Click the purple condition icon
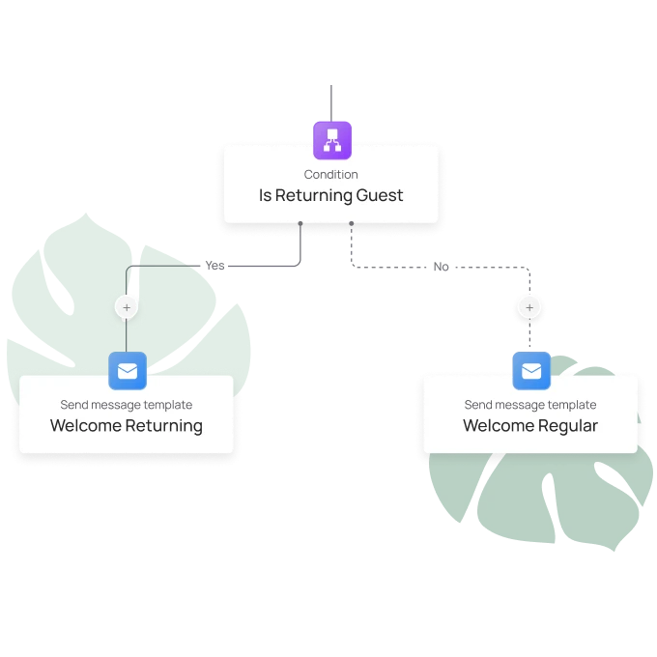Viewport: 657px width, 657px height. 331,139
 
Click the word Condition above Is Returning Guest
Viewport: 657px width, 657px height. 331,175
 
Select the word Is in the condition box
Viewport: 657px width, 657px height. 265,195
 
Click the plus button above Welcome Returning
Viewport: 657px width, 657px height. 127,307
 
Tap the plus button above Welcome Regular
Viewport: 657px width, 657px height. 528,307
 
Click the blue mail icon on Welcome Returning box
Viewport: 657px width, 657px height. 128,370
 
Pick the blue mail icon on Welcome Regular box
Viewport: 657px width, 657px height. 530,370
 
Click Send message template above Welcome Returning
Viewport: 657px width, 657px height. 127,405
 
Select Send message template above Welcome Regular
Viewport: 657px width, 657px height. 530,405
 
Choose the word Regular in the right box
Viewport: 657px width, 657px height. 568,426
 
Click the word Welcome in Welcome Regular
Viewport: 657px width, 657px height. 496,426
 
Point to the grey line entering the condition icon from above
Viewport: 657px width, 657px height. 329,101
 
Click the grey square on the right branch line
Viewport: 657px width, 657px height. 441,267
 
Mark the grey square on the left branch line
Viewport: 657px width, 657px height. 208,262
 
